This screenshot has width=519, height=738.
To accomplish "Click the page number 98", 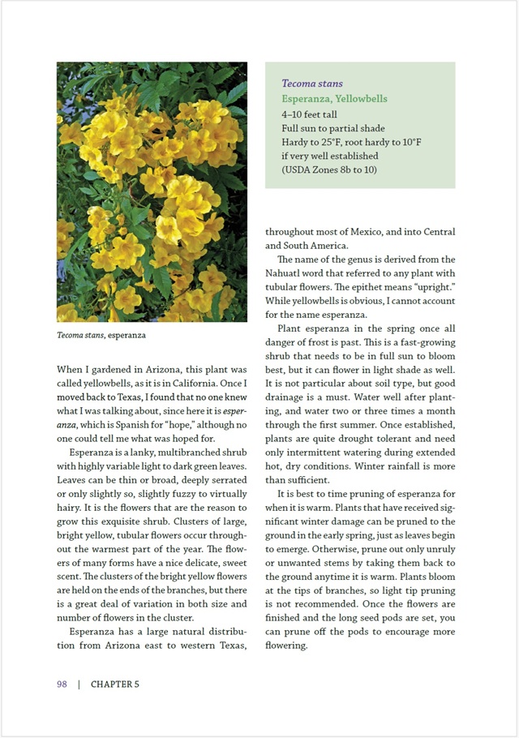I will pos(62,684).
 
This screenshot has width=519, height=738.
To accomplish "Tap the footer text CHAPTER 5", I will pos(115,684).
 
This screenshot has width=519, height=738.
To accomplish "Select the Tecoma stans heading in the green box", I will pos(311,84).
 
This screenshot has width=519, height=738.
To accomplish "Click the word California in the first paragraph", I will pos(215,383).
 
